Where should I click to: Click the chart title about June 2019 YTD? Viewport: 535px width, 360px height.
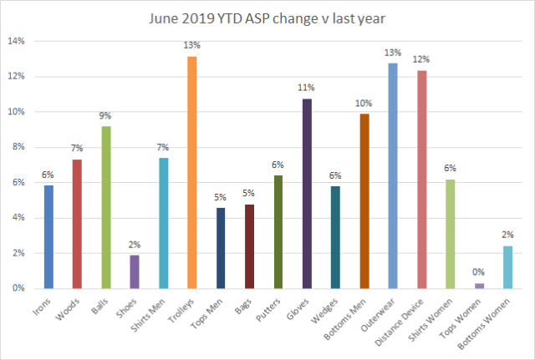pyautogui.click(x=267, y=19)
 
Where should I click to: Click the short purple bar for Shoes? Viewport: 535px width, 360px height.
pyautogui.click(x=135, y=271)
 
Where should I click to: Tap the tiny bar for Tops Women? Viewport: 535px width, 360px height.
pyautogui.click(x=479, y=286)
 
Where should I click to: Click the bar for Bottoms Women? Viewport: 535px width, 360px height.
pyautogui.click(x=507, y=267)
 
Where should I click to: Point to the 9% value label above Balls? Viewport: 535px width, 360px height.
pyautogui.click(x=106, y=114)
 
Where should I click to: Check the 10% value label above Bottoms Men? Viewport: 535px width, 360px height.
pyautogui.click(x=364, y=102)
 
